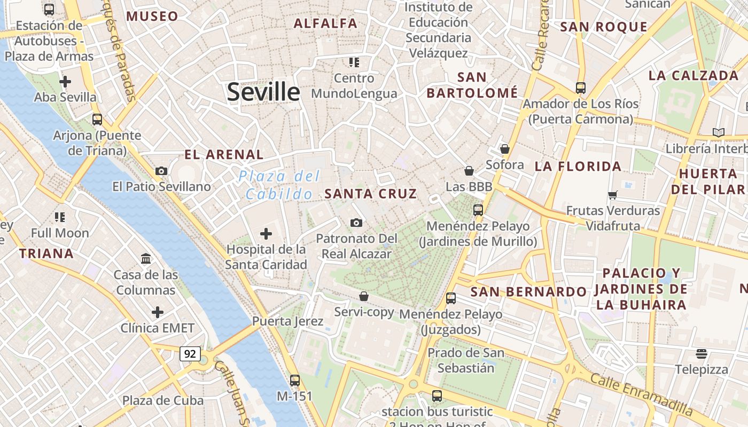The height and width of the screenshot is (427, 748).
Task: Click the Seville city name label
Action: [263, 92]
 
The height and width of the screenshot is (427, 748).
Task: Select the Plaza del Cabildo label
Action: [279, 185]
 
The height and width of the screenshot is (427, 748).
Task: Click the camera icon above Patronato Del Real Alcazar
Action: [356, 223]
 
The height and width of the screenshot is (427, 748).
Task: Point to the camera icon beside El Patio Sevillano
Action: [161, 171]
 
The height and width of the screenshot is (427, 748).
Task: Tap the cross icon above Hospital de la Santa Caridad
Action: [266, 234]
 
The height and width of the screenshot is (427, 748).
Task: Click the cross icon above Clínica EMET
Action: [157, 312]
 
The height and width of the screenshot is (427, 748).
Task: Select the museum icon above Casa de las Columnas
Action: [145, 259]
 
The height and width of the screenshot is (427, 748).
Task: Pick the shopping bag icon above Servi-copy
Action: [364, 296]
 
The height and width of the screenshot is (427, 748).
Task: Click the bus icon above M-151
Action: [294, 381]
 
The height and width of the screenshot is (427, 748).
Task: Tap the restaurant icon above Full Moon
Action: [60, 217]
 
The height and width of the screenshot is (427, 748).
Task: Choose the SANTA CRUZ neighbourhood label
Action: [370, 194]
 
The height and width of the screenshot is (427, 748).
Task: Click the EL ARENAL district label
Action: [224, 155]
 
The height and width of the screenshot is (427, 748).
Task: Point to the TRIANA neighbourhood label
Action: [46, 254]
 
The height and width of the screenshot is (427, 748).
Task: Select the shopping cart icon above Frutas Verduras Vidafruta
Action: [613, 195]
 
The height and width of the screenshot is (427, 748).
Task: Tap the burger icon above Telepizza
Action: [701, 354]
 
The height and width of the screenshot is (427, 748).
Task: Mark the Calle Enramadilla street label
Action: [641, 395]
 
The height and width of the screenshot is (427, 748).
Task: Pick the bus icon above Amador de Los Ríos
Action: [580, 88]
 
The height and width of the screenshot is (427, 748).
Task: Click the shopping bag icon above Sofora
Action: [504, 149]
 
